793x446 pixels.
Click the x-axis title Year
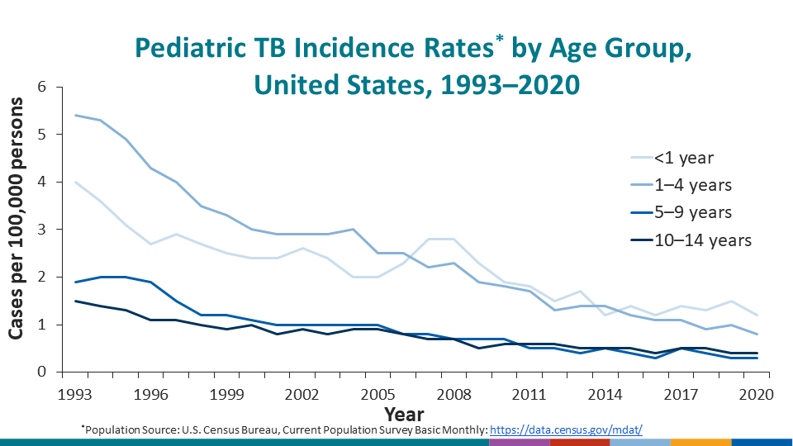coord(404,413)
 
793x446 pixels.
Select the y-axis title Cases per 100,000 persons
coord(17,230)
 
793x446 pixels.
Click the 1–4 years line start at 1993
coord(77,116)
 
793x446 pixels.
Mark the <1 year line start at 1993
coord(77,182)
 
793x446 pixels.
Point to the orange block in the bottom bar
coord(700,442)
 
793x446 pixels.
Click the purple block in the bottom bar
coord(519,442)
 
